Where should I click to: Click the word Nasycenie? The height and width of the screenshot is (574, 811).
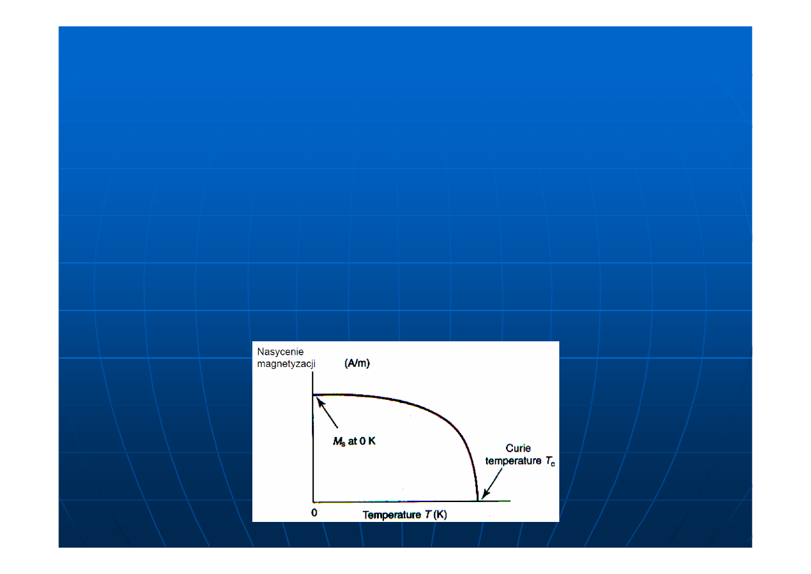coord(280,352)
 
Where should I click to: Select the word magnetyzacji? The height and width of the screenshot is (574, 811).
coord(286,364)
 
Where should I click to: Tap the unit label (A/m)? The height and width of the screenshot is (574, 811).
coord(357,363)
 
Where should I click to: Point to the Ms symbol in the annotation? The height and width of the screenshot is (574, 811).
coord(339,442)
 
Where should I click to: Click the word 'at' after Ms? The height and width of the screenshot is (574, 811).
coord(353,442)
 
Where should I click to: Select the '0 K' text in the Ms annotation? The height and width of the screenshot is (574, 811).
coord(368,441)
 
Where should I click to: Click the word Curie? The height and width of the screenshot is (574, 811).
coord(518,449)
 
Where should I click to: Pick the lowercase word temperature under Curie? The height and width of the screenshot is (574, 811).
coord(513,462)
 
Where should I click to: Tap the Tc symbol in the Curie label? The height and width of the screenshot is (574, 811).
coord(550,462)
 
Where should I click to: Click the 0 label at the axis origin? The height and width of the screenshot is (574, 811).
coord(314,513)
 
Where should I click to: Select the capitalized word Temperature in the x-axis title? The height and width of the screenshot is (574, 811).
coord(392,515)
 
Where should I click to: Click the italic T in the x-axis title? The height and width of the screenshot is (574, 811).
coord(428,515)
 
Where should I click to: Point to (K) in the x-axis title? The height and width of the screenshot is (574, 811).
coord(440,515)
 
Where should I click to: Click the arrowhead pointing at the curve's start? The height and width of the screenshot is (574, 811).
coord(320,402)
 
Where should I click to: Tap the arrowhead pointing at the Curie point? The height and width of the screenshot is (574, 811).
coord(485,494)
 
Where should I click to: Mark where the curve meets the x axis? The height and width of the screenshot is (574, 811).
coord(478,501)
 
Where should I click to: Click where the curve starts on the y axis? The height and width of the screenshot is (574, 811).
coord(313,395)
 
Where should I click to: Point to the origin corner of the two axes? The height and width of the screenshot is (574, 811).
coord(313,501)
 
